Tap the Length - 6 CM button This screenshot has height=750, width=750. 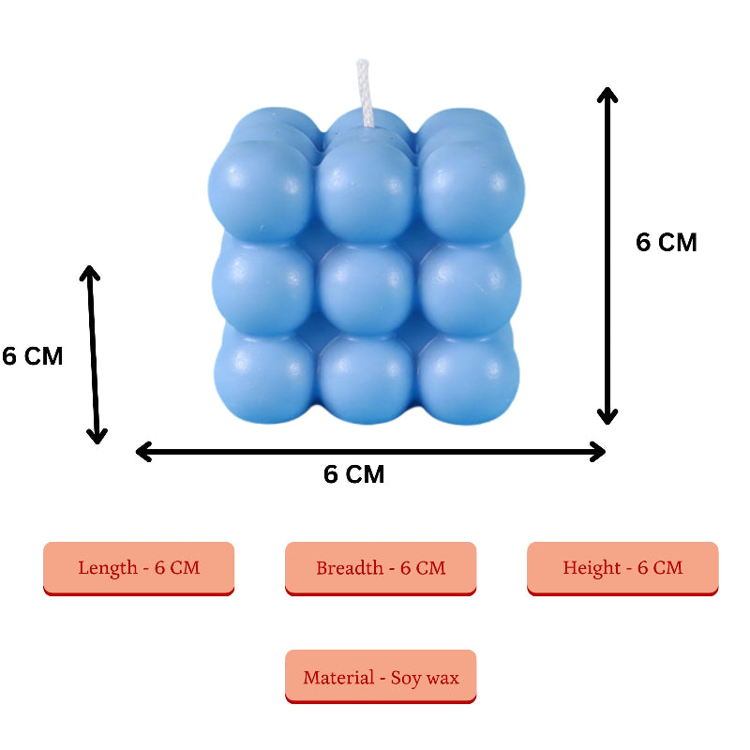pos(139,567)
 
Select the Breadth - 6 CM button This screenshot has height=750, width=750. pos(381,567)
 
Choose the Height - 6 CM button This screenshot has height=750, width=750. pos(622,567)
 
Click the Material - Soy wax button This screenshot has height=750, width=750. pos(381,676)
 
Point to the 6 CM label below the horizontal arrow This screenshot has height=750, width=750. pos(354,474)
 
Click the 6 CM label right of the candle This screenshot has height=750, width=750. pos(667,242)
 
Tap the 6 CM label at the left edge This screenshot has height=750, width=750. pos(32,356)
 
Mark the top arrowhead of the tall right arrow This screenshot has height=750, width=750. pos(607,95)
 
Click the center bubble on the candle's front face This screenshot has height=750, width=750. pos(365,285)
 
